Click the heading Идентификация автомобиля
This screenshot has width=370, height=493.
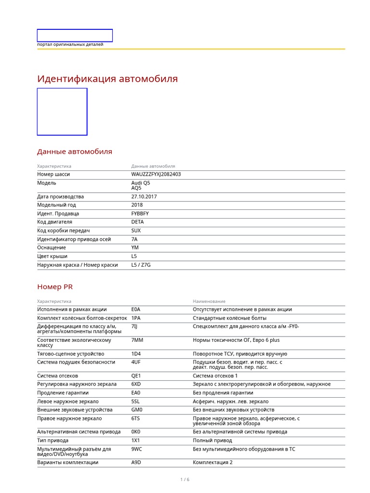(x=107, y=79)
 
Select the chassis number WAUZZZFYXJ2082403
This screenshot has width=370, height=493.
(x=156, y=174)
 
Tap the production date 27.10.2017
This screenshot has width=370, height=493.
(x=144, y=196)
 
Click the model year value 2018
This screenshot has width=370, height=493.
(x=137, y=205)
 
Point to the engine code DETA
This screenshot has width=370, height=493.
(x=137, y=222)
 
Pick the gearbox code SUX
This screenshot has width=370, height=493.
(x=136, y=231)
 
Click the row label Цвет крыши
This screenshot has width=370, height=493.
(x=53, y=256)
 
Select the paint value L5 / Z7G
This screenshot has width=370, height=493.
(x=141, y=265)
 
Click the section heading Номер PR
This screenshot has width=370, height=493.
(x=55, y=287)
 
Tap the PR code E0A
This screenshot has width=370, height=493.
(x=136, y=310)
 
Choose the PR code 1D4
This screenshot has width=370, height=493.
(x=136, y=354)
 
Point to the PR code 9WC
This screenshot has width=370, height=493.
(x=136, y=449)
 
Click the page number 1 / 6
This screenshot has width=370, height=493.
(x=185, y=480)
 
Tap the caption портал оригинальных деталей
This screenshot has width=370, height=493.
(x=70, y=45)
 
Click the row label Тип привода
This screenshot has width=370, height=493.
(x=53, y=441)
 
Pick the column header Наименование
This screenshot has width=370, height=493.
(x=209, y=301)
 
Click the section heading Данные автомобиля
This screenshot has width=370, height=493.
(x=75, y=152)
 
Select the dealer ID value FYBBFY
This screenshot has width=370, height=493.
(x=140, y=213)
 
